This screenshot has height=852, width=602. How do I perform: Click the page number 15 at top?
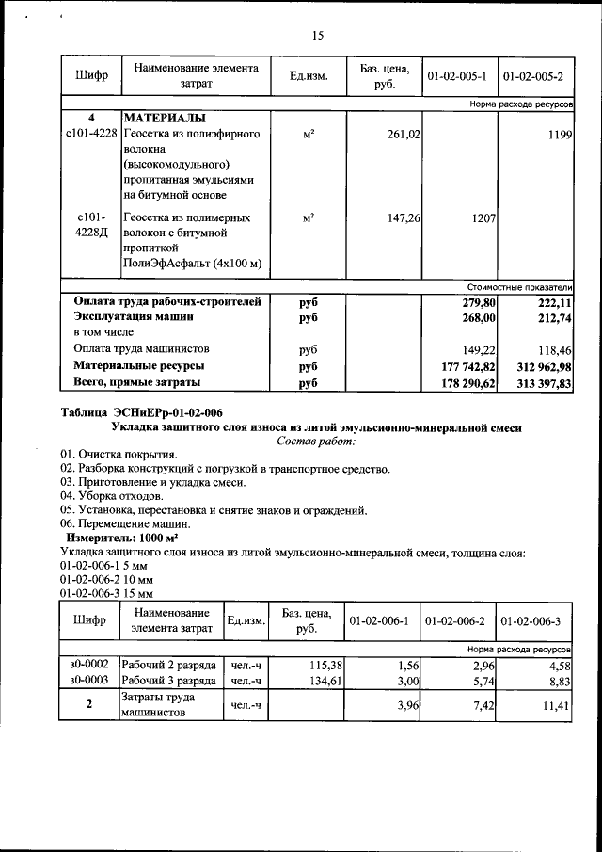coord(317,36)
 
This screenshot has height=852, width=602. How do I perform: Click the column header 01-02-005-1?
coord(456,74)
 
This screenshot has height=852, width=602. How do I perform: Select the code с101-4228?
coord(91,136)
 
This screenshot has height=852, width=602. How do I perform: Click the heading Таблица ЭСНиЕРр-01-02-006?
coord(142,412)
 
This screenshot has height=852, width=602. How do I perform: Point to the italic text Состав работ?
coord(317,441)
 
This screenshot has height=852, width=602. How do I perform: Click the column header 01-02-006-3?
coord(532,621)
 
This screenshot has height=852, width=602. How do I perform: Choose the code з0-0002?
coord(89,665)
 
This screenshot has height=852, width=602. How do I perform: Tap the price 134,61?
coord(319,680)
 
